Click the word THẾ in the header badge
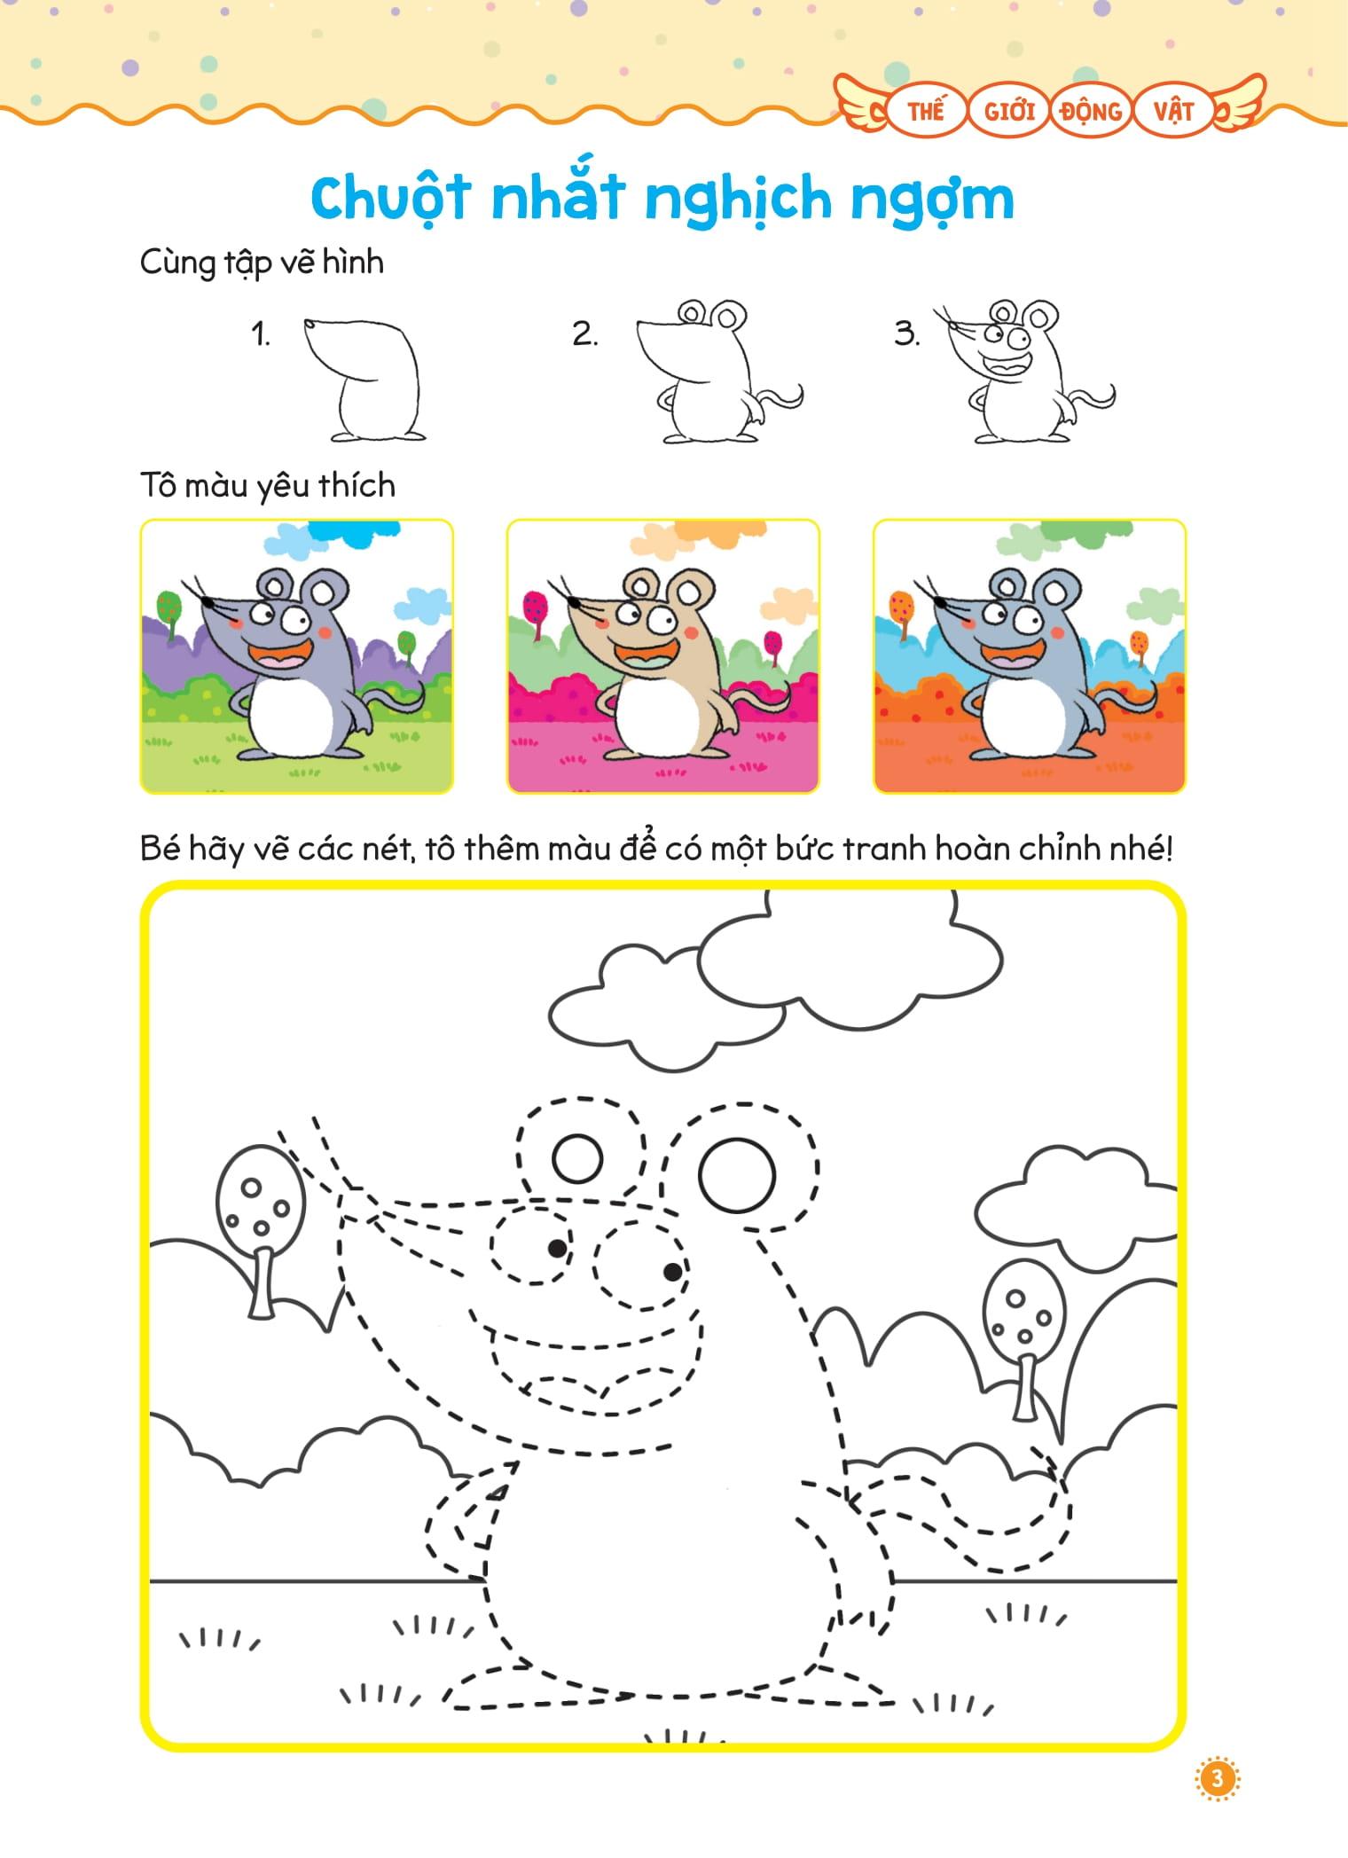click(925, 111)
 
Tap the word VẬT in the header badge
click(1173, 111)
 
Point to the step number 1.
click(260, 334)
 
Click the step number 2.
click(585, 334)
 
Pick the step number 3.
click(907, 334)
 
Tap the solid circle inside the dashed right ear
click(737, 1175)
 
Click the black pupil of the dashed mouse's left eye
click(557, 1248)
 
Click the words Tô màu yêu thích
click(267, 486)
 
